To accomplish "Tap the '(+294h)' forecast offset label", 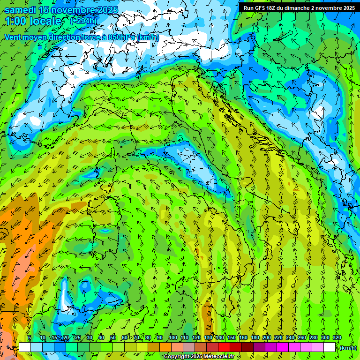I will tap(83, 21).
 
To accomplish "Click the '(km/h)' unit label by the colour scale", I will tap(348, 347).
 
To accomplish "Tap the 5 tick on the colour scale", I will tap(30, 338).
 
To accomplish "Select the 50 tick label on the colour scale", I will tap(113, 338).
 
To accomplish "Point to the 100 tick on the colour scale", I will tap(172, 338).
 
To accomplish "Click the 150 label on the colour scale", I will tap(232, 338).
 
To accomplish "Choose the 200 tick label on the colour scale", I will tap(267, 338).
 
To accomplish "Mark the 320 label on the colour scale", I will tap(337, 338).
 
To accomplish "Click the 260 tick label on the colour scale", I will tap(302, 338).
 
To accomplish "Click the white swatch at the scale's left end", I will tap(25, 347).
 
